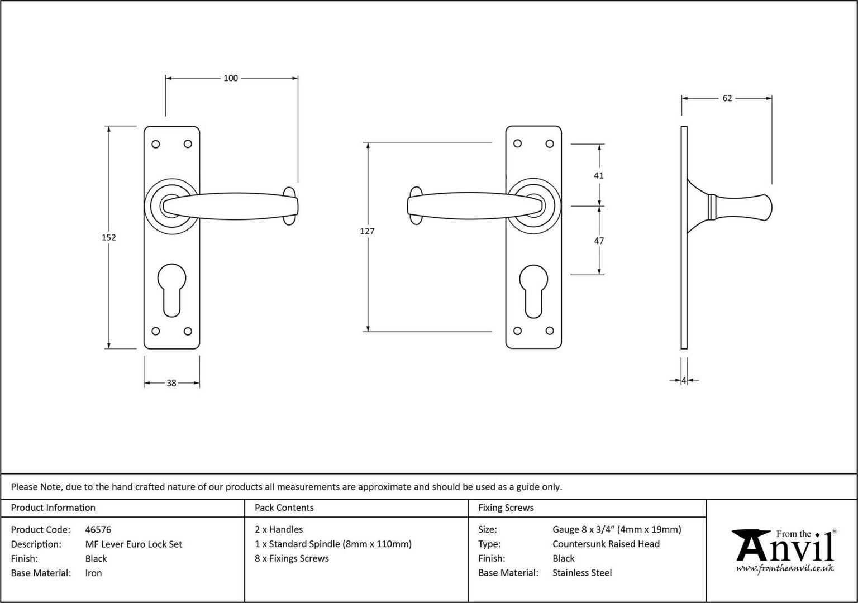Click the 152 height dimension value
click(x=109, y=237)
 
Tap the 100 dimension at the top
click(x=231, y=78)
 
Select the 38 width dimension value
click(x=171, y=383)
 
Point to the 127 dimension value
click(x=367, y=231)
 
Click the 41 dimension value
click(x=599, y=175)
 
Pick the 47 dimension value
click(x=599, y=241)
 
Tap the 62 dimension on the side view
click(x=727, y=98)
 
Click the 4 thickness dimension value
click(x=684, y=381)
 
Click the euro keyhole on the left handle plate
click(x=171, y=290)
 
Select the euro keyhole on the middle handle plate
click(x=533, y=291)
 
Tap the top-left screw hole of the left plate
click(x=155, y=145)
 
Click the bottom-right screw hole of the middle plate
click(x=550, y=331)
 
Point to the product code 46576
click(x=98, y=529)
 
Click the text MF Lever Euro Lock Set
click(x=134, y=544)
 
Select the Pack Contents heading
click(x=284, y=508)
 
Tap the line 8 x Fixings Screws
click(x=292, y=558)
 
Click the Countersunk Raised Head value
click(x=606, y=544)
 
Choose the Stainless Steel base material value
click(x=582, y=573)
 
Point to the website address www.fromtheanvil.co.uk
click(x=785, y=568)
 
